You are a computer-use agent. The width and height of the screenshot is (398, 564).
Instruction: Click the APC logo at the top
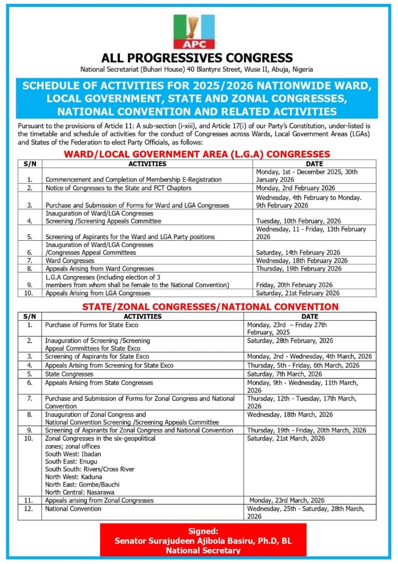click(x=194, y=31)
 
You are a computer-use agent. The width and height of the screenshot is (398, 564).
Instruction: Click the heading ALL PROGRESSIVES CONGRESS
click(x=197, y=58)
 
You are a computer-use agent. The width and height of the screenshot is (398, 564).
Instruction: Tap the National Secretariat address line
click(x=197, y=69)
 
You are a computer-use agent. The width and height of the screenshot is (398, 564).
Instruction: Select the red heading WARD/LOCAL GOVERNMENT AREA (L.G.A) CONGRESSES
click(x=197, y=154)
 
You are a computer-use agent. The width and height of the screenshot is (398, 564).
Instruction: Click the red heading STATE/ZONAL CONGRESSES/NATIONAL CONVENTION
click(x=210, y=307)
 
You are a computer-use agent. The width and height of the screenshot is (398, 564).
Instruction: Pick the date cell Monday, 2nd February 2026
click(x=295, y=188)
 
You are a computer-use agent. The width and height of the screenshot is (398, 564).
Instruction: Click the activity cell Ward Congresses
click(x=70, y=261)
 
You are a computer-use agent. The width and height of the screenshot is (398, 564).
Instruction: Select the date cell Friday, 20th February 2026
click(x=294, y=285)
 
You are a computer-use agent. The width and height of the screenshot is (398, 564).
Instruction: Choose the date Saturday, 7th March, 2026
click(x=285, y=374)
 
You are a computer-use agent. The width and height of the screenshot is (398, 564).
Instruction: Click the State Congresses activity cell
click(x=69, y=374)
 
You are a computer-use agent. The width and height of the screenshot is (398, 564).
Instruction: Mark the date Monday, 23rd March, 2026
click(x=287, y=500)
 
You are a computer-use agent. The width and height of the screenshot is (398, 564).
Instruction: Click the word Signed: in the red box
click(x=203, y=531)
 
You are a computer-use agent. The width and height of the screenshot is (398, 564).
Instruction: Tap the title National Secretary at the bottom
click(x=203, y=550)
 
